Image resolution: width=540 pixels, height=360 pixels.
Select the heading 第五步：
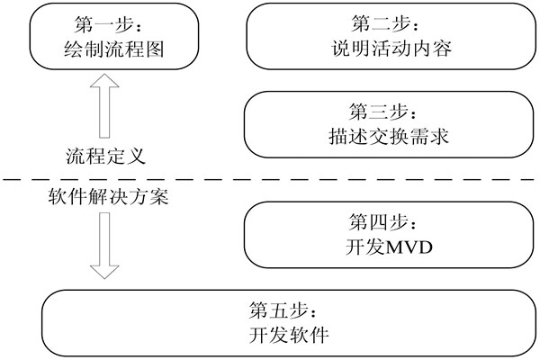point(288,310)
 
